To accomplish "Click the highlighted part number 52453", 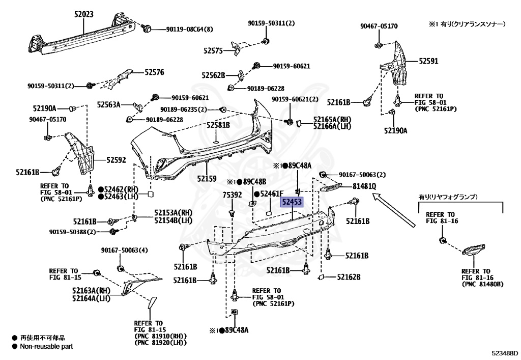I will pyautogui.click(x=293, y=203).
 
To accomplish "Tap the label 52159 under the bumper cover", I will pyautogui.click(x=207, y=179).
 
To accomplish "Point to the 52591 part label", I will pyautogui.click(x=428, y=61).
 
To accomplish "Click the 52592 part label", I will pyautogui.click(x=116, y=160).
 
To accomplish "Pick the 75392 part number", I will pyautogui.click(x=232, y=195).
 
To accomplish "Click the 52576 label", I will pyautogui.click(x=154, y=73).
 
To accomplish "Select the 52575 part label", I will pyautogui.click(x=213, y=51).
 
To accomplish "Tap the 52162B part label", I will pyautogui.click(x=349, y=277).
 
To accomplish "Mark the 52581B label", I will pyautogui.click(x=218, y=125).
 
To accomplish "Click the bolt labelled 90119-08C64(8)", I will pyautogui.click(x=146, y=29).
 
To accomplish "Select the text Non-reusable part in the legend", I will pyautogui.click(x=46, y=347).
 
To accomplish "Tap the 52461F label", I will pyautogui.click(x=271, y=193).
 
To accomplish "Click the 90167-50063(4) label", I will pyautogui.click(x=124, y=250).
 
